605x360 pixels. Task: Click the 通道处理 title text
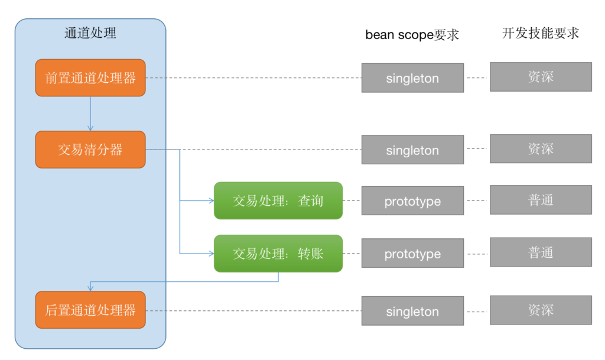[90, 33]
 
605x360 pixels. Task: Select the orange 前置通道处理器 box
[90, 77]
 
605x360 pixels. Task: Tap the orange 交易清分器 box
[90, 150]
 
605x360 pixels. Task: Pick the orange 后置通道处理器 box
[90, 310]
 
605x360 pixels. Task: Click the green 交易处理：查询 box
[278, 200]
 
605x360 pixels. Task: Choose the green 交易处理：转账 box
[278, 254]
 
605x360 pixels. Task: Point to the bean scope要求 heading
[412, 35]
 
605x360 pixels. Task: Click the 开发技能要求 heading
[541, 33]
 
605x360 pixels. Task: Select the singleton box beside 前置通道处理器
[412, 78]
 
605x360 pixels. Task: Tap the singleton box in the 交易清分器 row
[412, 150]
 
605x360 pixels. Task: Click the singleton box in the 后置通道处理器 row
[412, 311]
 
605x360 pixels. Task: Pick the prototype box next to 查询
[412, 200]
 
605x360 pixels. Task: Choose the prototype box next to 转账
[412, 253]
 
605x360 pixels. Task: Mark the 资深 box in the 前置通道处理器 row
[541, 77]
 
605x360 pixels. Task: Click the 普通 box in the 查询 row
[541, 200]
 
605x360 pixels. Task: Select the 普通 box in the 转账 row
[541, 252]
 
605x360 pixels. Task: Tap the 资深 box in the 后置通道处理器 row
[541, 310]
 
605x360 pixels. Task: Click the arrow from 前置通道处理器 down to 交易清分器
[90, 113]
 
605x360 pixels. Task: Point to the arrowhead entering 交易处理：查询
[212, 200]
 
